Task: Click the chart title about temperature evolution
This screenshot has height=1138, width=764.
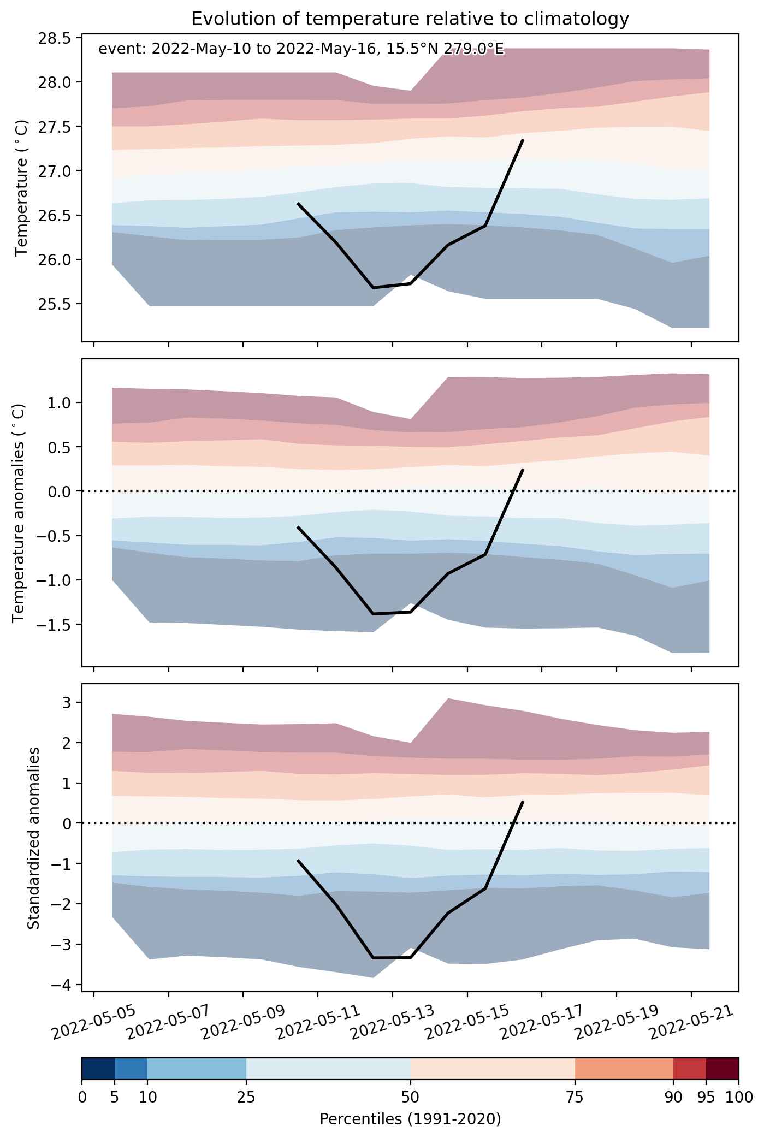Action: (410, 19)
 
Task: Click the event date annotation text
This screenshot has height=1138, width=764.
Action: (301, 50)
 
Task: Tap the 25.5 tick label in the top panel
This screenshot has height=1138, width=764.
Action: (55, 304)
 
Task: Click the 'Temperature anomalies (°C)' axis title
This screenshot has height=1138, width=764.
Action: (19, 512)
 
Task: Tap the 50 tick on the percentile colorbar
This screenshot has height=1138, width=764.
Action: (410, 1097)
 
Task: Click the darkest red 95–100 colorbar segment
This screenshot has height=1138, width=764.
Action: (722, 1072)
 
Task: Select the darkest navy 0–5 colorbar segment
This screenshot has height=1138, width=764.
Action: (98, 1072)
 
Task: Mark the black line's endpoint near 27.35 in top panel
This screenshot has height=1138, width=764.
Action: (523, 140)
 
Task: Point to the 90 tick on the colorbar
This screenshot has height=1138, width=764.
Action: (673, 1097)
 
